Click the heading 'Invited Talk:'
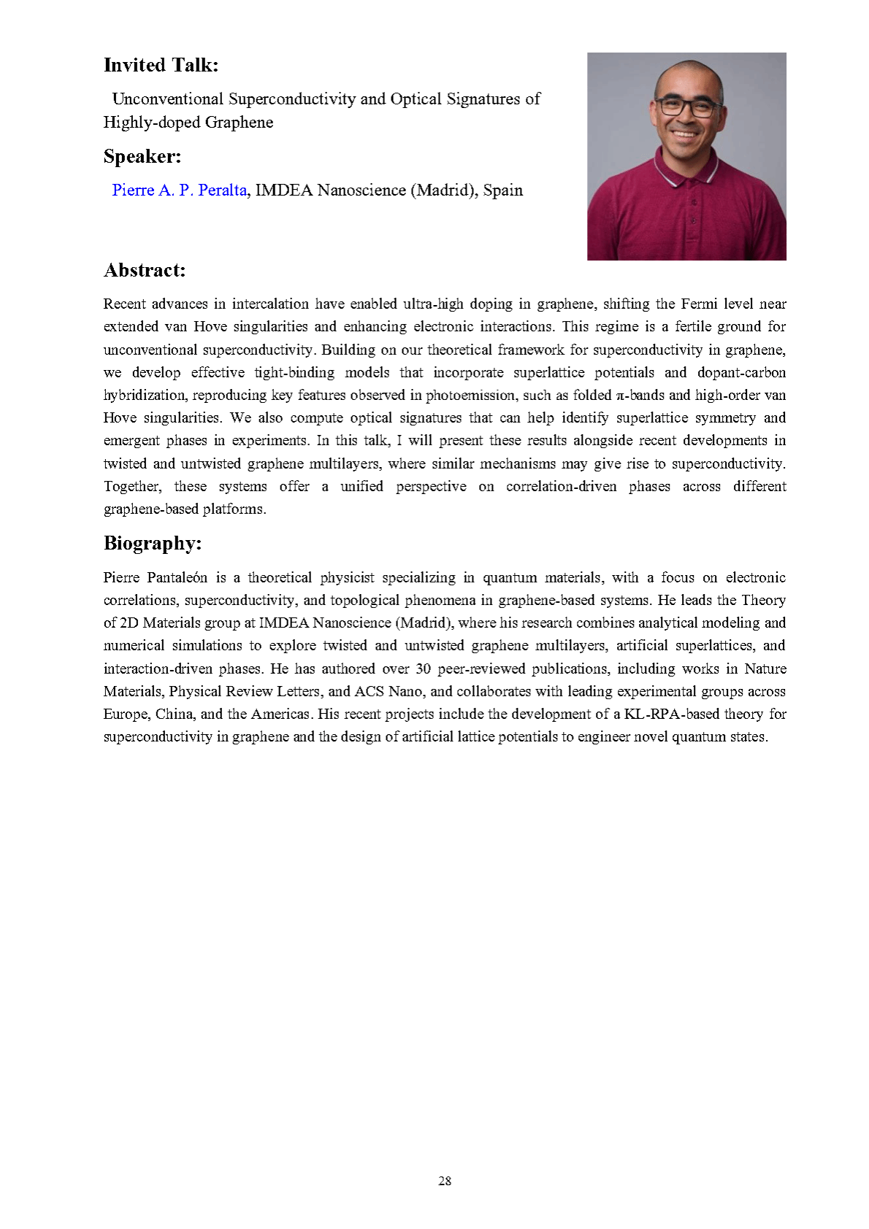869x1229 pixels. click(x=161, y=65)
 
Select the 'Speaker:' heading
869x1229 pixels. click(x=142, y=156)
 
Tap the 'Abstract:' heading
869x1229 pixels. click(x=145, y=270)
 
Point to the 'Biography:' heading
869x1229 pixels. click(x=153, y=543)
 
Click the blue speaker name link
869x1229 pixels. click(x=180, y=190)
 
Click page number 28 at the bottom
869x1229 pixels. click(x=445, y=1181)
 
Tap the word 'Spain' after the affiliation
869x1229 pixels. click(x=503, y=190)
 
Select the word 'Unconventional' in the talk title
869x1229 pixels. click(x=167, y=99)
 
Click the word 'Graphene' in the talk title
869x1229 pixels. click(x=239, y=122)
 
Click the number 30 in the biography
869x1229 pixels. click(x=424, y=669)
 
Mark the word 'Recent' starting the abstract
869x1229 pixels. click(x=124, y=304)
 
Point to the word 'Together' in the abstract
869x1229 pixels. click(x=132, y=486)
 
